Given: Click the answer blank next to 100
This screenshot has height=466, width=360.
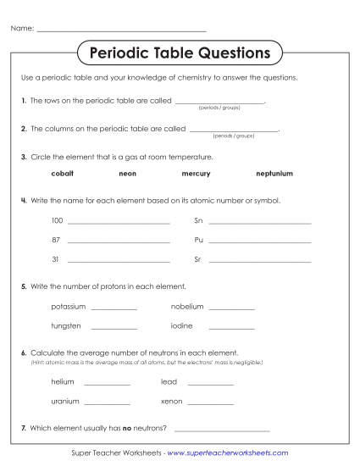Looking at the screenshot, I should pos(119,222).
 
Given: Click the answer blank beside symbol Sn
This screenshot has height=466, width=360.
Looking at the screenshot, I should pos(259,222).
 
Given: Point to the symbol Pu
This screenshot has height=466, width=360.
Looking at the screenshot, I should pos(199,240).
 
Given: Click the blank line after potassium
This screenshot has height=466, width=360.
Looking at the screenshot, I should pos(114,308).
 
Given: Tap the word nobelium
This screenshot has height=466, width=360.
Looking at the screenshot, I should pos(187,306).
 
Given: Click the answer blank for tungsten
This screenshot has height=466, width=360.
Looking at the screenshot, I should pos(114,328).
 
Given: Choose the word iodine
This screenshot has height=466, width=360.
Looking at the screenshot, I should pos(182,325).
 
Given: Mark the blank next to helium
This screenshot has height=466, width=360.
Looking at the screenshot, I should pos(108,384).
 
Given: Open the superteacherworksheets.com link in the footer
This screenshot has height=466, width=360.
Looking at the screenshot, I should pos(228,453).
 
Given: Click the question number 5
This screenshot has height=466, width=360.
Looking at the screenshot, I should pos(24,286).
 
